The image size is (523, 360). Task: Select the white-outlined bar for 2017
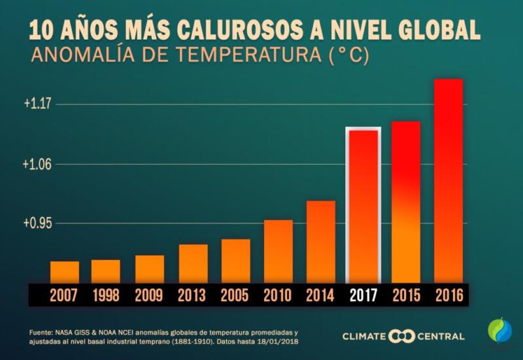pos(363,206)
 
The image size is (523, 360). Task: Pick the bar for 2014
pos(321,242)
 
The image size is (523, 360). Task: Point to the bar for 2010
pos(278,252)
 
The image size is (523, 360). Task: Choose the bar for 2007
pos(65,272)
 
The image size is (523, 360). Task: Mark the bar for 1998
pos(106,271)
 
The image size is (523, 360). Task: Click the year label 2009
pos(149,295)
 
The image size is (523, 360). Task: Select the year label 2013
pos(192,295)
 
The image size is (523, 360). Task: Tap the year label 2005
pos(235,295)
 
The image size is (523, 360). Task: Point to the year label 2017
pos(363,295)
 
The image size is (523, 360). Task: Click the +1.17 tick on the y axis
pos(37,104)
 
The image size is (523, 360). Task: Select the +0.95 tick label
pos(37,223)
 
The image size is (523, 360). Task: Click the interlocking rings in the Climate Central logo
pos(402,336)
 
